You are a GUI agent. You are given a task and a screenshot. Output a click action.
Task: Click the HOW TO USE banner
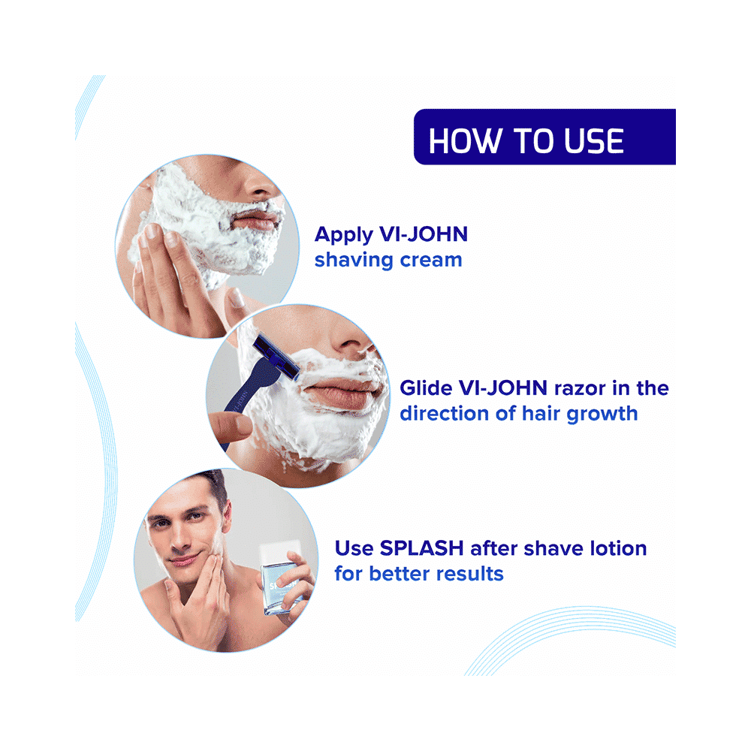[544, 137]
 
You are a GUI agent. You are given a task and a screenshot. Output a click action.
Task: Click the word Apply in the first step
[343, 234]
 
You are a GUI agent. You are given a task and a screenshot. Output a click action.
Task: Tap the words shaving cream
[388, 261]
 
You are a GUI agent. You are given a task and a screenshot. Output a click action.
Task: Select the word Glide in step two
[424, 388]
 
